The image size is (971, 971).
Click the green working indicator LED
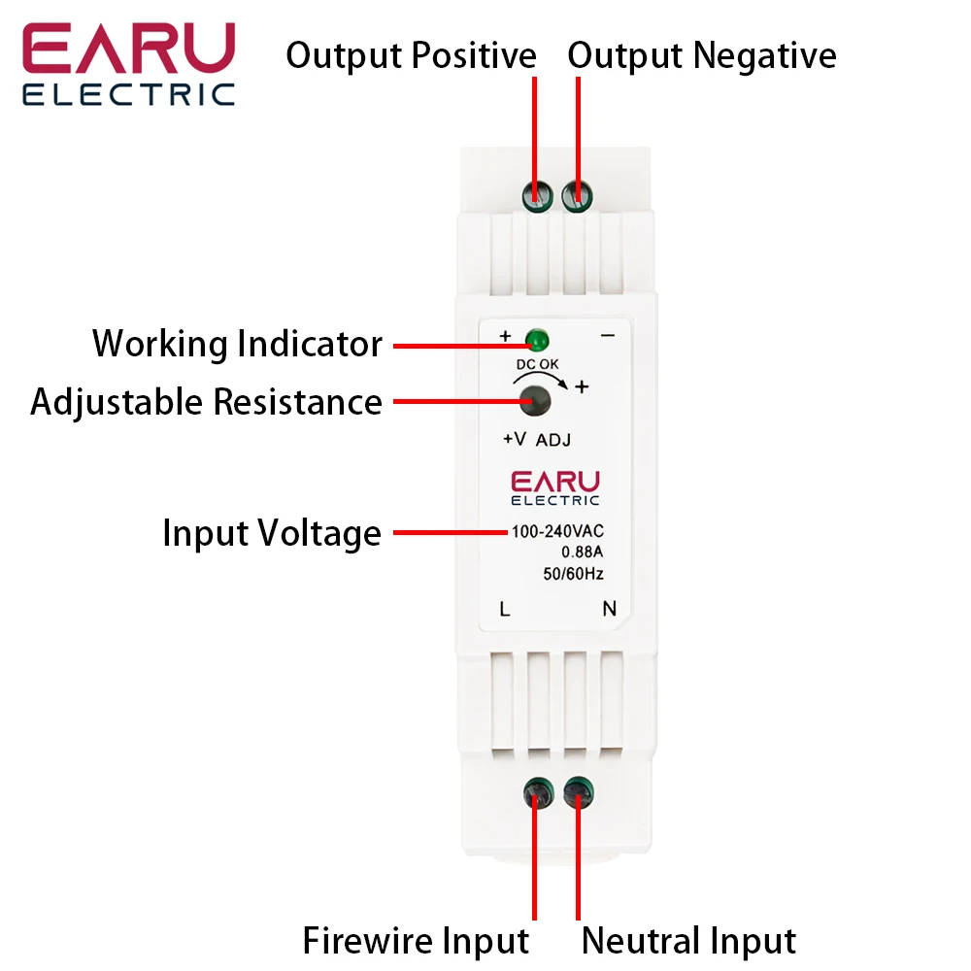point(535,341)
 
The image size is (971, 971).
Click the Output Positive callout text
point(411,55)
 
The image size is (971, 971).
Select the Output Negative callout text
point(701,55)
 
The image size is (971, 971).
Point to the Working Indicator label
point(237,344)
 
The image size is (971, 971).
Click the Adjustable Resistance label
point(206,401)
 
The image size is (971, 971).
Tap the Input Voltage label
point(272,533)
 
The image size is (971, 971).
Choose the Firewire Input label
point(416,940)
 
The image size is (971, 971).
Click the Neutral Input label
point(688,940)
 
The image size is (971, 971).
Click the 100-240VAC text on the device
point(557,532)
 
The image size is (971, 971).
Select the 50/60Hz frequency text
point(573,574)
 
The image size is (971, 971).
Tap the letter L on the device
point(504,610)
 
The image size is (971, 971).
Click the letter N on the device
point(610,610)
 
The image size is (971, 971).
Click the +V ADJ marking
point(536,439)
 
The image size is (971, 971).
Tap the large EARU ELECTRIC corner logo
point(129,64)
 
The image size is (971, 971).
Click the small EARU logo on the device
point(555,487)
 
